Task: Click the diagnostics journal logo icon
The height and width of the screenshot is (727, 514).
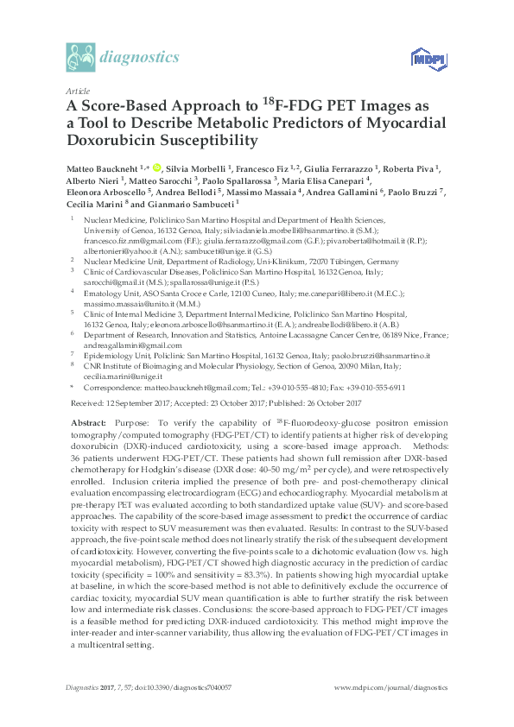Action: tap(81, 59)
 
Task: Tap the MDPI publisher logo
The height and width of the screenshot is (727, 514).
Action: tap(421, 60)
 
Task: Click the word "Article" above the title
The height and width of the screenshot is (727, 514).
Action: tap(77, 91)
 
